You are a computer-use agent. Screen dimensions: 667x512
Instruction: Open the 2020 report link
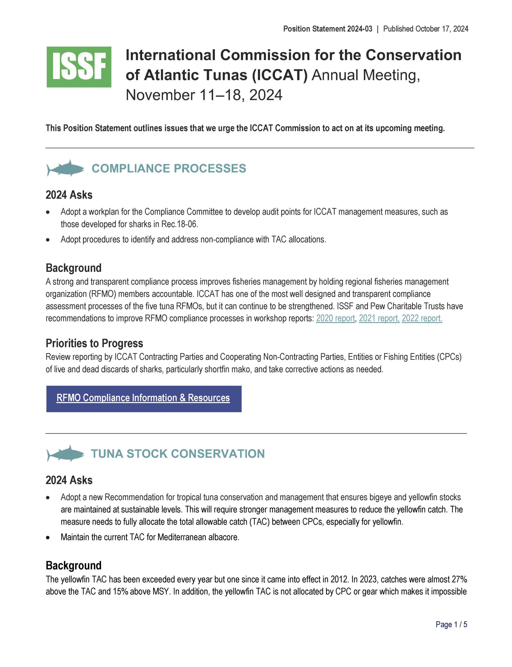tap(335, 318)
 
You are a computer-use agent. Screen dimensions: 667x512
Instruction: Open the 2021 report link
tap(379, 318)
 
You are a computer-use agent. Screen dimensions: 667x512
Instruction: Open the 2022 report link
tap(422, 318)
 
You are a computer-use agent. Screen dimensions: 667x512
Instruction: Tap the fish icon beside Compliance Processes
tap(65, 168)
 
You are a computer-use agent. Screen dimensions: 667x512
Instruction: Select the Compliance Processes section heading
tap(169, 169)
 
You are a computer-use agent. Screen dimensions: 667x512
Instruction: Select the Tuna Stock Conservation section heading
tap(178, 454)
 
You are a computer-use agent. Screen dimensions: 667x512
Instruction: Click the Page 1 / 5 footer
tap(451, 624)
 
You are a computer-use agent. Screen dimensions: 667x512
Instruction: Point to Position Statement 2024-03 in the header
tap(328, 29)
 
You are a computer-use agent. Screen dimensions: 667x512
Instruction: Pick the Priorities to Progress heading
tap(94, 343)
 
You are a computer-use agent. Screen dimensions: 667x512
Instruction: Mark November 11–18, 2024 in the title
tap(204, 95)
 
